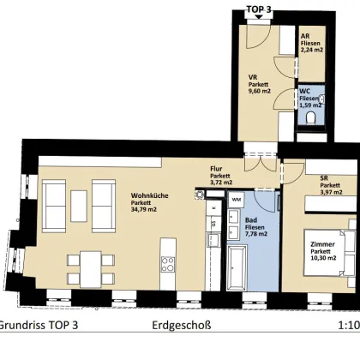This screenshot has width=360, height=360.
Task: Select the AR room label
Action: point(305,37)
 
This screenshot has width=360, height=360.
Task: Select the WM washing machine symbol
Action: point(236,200)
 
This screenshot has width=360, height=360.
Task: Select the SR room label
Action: point(325,177)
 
